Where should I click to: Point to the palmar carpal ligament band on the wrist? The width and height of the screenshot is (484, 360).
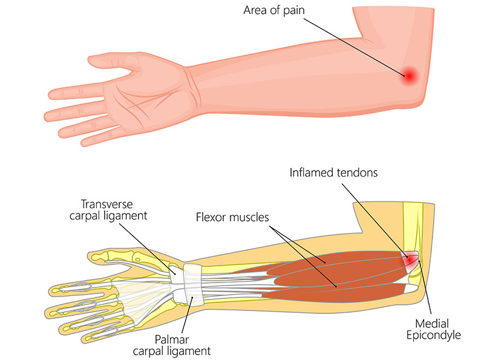click(193, 296)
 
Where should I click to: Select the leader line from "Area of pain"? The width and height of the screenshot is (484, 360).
click(351, 45)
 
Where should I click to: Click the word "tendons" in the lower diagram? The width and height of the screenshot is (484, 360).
click(353, 172)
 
